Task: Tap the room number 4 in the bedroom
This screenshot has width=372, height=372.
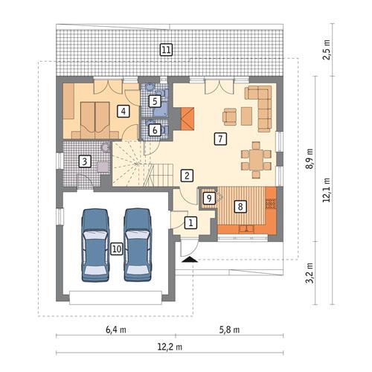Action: [x=124, y=112]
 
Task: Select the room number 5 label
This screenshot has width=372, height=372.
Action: [x=154, y=100]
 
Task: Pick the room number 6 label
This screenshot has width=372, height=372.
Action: [x=154, y=129]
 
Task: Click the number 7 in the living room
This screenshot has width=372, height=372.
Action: [x=219, y=138]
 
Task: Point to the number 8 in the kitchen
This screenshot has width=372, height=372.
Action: [x=240, y=207]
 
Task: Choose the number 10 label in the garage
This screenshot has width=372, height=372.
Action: [x=116, y=248]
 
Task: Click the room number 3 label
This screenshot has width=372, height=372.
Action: [x=86, y=161]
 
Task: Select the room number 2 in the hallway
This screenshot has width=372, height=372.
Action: [x=187, y=176]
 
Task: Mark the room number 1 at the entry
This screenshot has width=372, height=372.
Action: [x=190, y=222]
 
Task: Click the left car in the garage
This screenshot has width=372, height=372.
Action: [x=95, y=244]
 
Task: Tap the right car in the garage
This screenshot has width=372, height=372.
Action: [x=138, y=244]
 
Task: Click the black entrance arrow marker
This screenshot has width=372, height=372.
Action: [x=189, y=260]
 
